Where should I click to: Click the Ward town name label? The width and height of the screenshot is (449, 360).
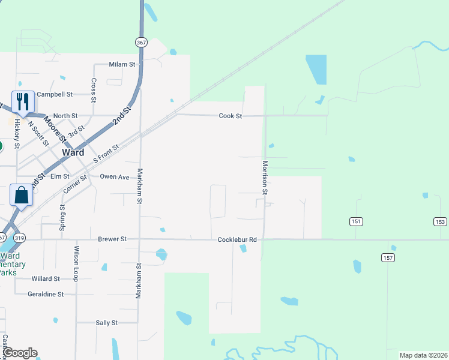click(x=73, y=152)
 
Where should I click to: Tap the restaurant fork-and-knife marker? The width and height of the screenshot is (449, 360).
click(x=23, y=101)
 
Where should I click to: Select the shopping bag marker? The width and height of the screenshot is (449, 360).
click(x=22, y=194)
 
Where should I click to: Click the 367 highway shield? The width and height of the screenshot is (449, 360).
click(x=141, y=43)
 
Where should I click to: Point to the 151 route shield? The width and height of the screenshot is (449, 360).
click(x=357, y=221)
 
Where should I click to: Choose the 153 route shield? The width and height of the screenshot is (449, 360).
click(x=440, y=221)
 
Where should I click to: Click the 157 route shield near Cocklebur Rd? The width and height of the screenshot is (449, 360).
click(x=387, y=257)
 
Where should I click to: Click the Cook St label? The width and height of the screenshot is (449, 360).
click(x=230, y=116)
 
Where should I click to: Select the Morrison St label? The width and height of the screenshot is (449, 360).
click(x=264, y=177)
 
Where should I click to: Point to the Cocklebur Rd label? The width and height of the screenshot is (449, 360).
click(x=237, y=239)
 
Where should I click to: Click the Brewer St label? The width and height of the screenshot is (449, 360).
click(x=112, y=239)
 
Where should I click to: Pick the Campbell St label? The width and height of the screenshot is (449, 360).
click(x=54, y=94)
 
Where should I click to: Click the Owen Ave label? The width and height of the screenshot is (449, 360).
click(x=114, y=177)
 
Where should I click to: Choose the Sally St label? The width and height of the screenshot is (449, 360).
click(x=106, y=323)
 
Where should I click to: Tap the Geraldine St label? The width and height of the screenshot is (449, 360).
click(x=46, y=294)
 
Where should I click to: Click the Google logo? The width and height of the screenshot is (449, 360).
click(x=20, y=353)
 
